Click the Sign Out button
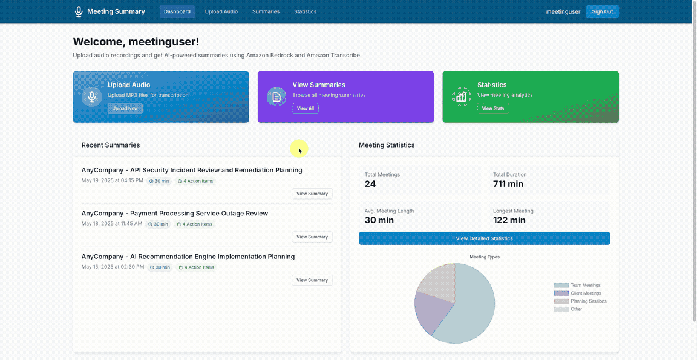(x=602, y=11)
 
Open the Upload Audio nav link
(x=221, y=11)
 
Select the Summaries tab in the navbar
(x=266, y=11)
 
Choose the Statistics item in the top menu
(x=305, y=11)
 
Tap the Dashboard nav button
(x=177, y=11)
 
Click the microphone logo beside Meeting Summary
(x=79, y=11)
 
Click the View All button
(x=306, y=108)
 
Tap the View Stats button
(x=492, y=108)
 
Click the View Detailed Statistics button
(x=484, y=238)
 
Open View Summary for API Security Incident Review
(x=312, y=194)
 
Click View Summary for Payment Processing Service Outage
(x=312, y=237)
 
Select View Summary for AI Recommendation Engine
(x=312, y=280)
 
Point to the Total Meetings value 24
(x=370, y=184)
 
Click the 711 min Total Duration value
(x=508, y=184)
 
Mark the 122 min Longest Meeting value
(x=509, y=220)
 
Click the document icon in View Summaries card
(x=277, y=97)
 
